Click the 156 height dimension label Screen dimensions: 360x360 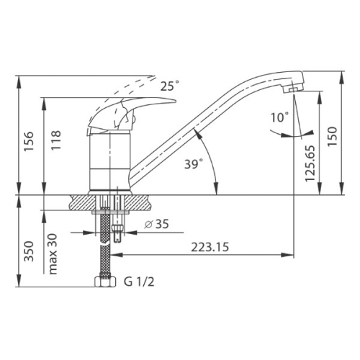coord(29,141)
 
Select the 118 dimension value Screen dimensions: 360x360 coord(56,140)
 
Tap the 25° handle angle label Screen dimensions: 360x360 coord(170,86)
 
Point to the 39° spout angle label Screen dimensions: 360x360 coord(194,164)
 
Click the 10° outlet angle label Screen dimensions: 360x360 coord(280,117)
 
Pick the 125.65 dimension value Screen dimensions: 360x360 coord(310,163)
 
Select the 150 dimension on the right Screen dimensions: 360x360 coord(333,137)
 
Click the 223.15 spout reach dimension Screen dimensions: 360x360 coord(210,247)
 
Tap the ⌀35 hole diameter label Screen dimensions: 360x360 coord(157,224)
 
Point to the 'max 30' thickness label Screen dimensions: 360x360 coord(53,254)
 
